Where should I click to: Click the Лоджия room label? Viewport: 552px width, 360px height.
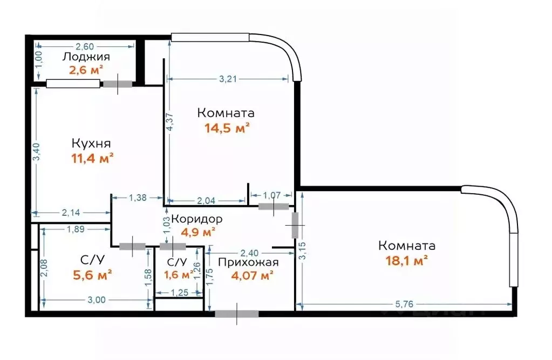86,57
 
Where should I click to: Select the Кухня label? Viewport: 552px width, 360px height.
91,144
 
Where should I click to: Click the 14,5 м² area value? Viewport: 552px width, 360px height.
227,128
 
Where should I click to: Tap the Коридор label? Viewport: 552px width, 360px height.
197,220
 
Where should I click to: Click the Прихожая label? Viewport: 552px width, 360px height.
248,262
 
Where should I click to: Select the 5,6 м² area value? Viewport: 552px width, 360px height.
92,275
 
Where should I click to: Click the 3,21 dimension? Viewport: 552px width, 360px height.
229,79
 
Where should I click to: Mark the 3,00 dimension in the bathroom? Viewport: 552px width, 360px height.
97,301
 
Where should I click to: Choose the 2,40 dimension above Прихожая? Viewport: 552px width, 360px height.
249,253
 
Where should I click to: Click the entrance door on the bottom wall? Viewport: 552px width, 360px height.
236,314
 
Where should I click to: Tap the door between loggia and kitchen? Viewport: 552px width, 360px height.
118,84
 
